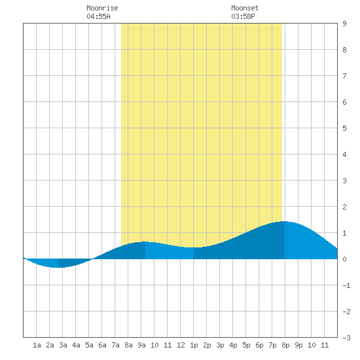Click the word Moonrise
tap(102, 8)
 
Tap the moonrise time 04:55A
tap(98, 16)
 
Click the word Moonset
tap(245, 8)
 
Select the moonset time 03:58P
tap(243, 16)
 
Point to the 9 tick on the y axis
tap(344, 24)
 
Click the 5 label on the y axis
tap(344, 128)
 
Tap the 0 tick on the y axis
tap(344, 259)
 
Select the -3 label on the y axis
tap(346, 338)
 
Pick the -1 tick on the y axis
tap(346, 285)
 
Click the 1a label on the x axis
tap(37, 345)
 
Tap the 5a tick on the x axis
tap(89, 345)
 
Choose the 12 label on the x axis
tap(181, 345)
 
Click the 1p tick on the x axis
tap(194, 345)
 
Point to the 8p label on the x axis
tap(285, 345)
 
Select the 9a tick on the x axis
tap(141, 345)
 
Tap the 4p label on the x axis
tap(233, 345)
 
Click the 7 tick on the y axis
tap(344, 76)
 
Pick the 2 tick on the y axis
tap(344, 207)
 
